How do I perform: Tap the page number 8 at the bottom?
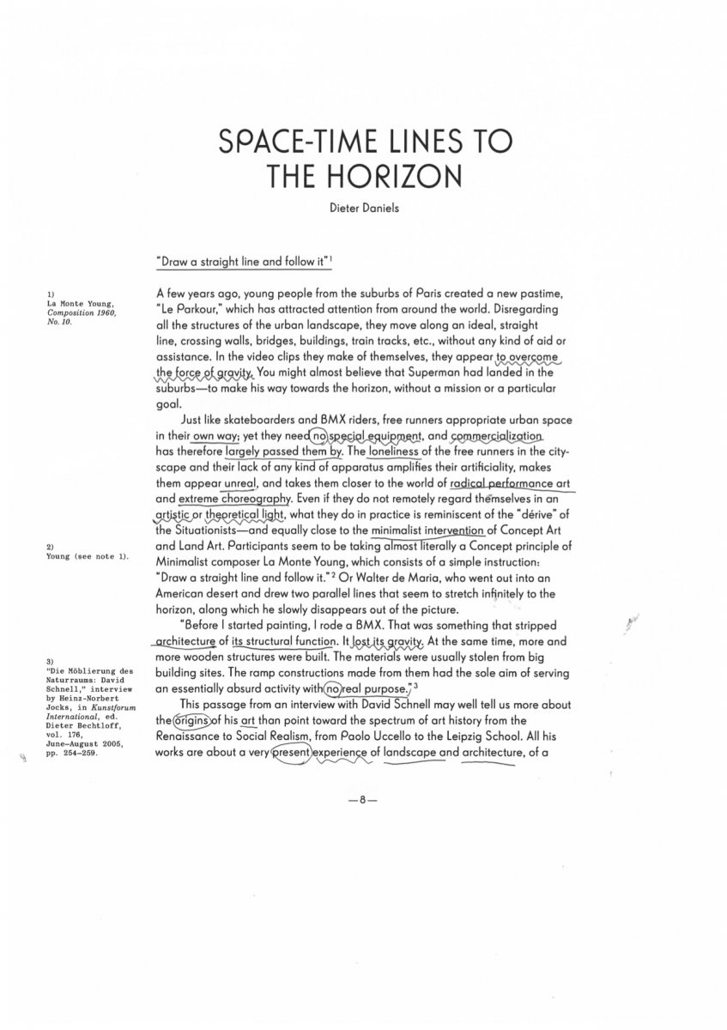click(x=363, y=799)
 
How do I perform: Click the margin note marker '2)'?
click(x=50, y=547)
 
